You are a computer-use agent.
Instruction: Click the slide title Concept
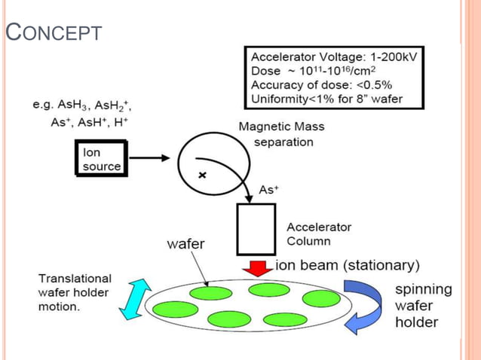(53, 33)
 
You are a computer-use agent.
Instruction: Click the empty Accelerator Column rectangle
(256, 229)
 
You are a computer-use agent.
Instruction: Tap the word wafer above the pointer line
(185, 244)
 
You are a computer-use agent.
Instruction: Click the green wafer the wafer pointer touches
(210, 293)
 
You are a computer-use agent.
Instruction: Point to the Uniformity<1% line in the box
(326, 98)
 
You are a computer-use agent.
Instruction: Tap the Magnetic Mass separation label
(276, 134)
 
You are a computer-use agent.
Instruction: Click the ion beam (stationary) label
(348, 265)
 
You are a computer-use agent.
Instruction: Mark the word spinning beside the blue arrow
(424, 289)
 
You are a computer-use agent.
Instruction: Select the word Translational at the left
(75, 279)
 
